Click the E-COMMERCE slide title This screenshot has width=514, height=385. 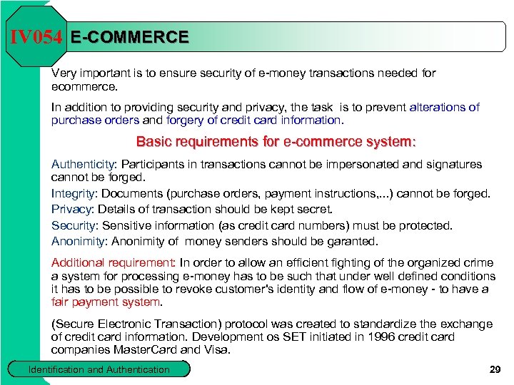[x=129, y=37]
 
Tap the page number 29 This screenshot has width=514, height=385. [x=495, y=369]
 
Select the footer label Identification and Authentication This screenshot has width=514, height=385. [x=99, y=369]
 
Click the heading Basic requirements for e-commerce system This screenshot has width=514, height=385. [x=276, y=141]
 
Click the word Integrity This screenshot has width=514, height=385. [x=74, y=193]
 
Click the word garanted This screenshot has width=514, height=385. [x=353, y=241]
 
